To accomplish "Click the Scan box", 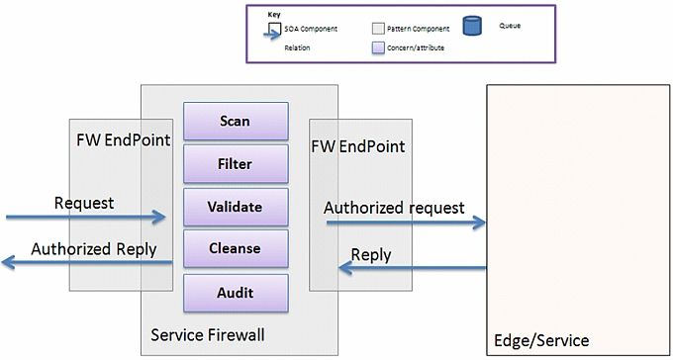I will pos(235,121).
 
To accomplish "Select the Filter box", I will pos(235,164).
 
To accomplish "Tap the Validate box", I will pos(235,207).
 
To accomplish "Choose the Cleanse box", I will pos(235,249).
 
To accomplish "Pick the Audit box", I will pos(235,293).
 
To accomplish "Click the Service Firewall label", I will pos(207,335).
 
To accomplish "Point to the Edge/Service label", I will pos(540,341).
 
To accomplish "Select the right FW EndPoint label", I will pos(358,145).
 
